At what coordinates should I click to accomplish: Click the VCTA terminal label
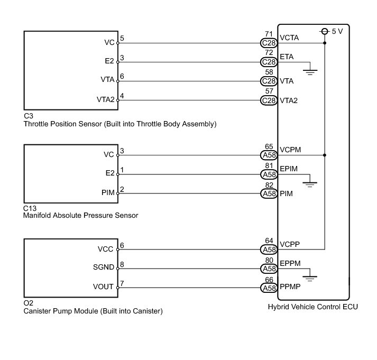pos(289,39)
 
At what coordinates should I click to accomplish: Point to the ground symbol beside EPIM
pos(310,183)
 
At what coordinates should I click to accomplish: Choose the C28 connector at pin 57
pos(269,100)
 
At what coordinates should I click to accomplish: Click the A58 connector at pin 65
pos(269,155)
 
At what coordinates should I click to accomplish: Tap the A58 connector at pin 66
pos(269,288)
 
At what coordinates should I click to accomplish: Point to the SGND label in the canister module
pos(103,267)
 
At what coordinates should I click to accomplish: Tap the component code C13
pos(30,208)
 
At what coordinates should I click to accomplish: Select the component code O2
pos(29,303)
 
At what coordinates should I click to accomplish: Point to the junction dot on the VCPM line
pos(325,155)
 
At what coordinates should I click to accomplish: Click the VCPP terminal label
pos(290,245)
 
